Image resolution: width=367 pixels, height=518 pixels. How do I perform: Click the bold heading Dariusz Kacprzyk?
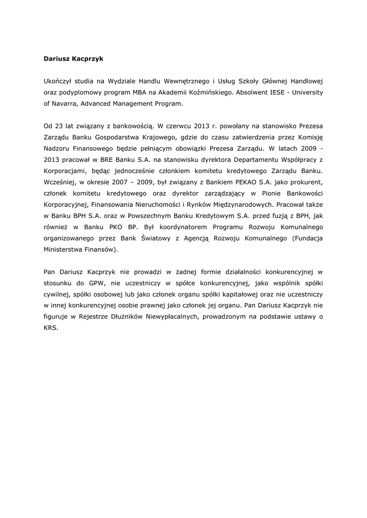coord(73,59)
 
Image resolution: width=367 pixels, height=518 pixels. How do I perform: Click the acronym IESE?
coord(279,92)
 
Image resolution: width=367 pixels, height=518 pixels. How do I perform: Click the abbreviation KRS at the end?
coord(51,328)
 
